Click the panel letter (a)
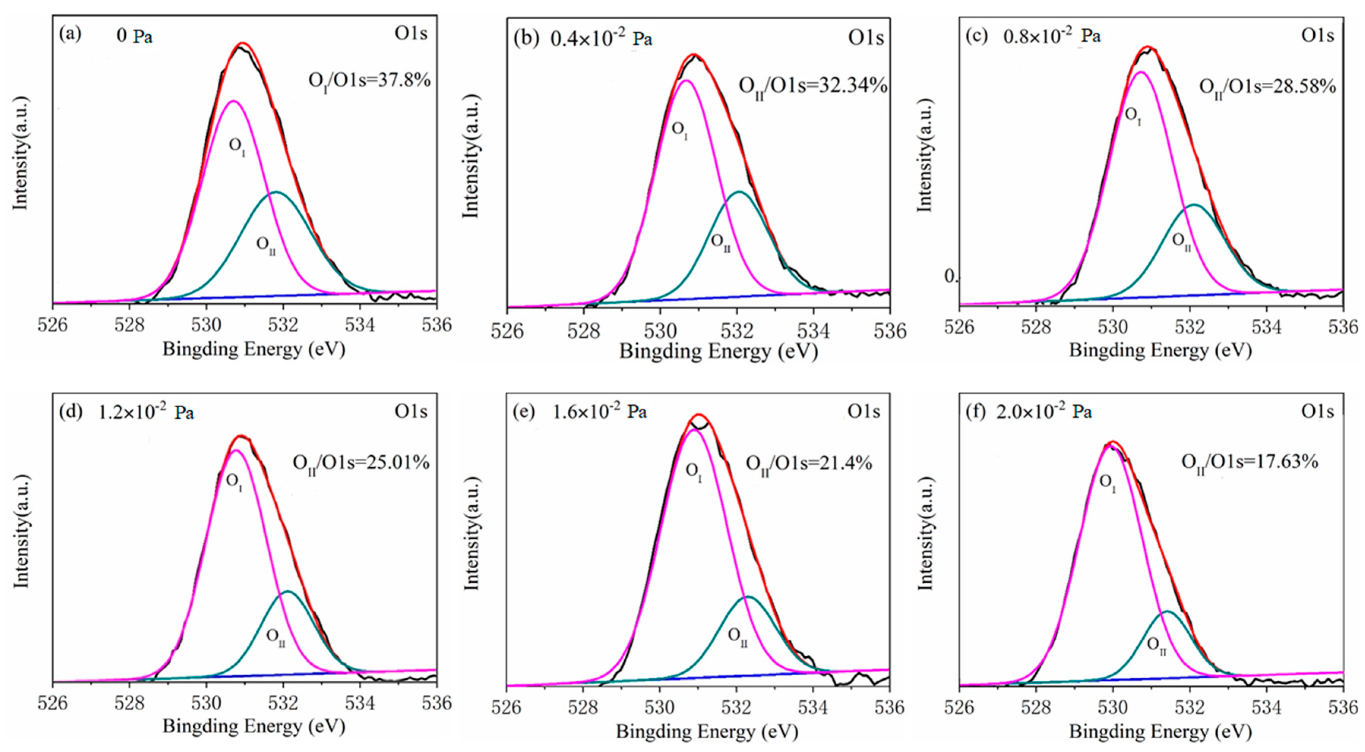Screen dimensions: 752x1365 tap(70, 35)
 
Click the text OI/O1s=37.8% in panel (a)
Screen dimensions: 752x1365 tap(369, 81)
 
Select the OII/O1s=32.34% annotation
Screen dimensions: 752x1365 tap(813, 86)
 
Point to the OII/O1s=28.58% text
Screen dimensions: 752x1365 tap(1267, 87)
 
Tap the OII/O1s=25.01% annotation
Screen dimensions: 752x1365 tap(361, 463)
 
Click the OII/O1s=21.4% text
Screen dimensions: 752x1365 tap(809, 464)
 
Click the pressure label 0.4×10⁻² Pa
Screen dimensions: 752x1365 tap(601, 39)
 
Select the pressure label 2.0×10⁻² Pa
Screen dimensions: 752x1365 tap(1044, 411)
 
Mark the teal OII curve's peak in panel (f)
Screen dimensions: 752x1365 tap(1167, 612)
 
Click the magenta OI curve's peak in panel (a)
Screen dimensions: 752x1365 tap(233, 101)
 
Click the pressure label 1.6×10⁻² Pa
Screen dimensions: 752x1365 tap(599, 411)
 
